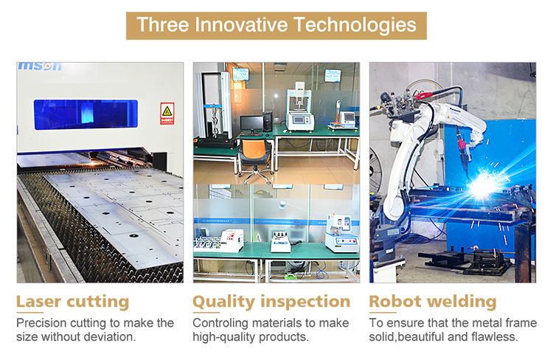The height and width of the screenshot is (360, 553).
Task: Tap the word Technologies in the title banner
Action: click(355, 25)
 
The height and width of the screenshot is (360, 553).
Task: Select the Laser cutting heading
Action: click(73, 302)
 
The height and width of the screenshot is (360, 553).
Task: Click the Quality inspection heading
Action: click(271, 302)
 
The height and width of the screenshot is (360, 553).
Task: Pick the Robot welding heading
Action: click(433, 302)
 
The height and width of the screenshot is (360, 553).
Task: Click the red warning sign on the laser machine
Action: click(167, 114)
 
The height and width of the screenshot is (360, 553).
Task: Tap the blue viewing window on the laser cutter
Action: click(86, 114)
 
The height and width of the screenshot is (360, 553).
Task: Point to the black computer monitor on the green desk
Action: click(252, 123)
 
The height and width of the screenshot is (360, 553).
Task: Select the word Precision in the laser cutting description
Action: click(41, 322)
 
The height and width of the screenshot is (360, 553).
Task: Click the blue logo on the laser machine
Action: click(40, 66)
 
